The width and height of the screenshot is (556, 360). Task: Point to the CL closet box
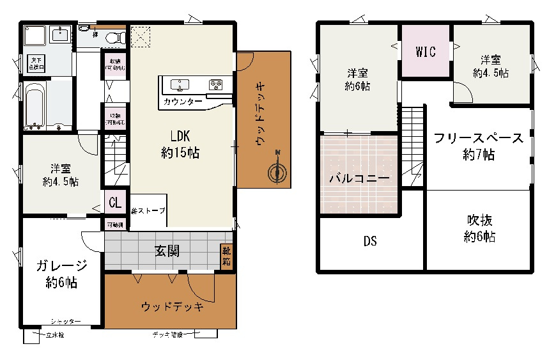pyautogui.click(x=115, y=203)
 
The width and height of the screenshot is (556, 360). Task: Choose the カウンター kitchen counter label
pyautogui.click(x=183, y=102)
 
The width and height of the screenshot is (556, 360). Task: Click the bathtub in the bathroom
pyautogui.click(x=35, y=106)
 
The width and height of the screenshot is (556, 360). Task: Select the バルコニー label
pyautogui.click(x=359, y=179)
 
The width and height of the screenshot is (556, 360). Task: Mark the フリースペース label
pyautogui.click(x=478, y=139)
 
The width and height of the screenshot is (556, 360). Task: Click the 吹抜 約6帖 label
pyautogui.click(x=479, y=228)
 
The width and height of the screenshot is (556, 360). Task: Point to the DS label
pyautogui.click(x=370, y=242)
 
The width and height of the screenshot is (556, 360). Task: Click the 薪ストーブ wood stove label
pyautogui.click(x=148, y=210)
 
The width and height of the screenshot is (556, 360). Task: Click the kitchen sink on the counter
pyautogui.click(x=180, y=84)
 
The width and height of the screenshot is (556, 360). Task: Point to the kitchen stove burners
pyautogui.click(x=215, y=84)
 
